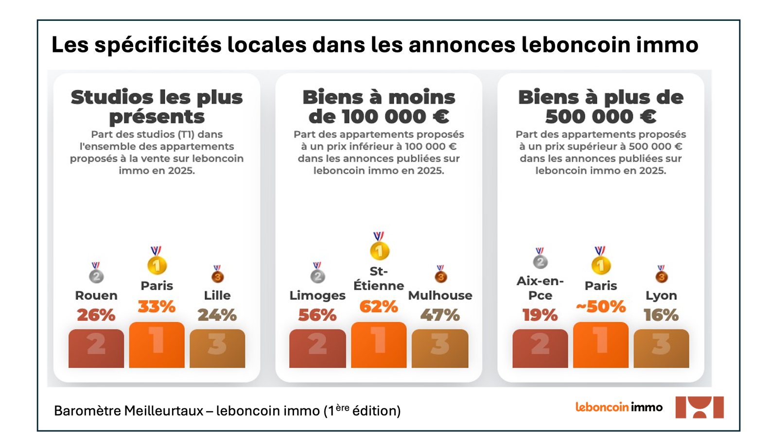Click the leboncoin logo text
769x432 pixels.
pyautogui.click(x=602, y=407)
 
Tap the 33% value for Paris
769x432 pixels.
pyautogui.click(x=157, y=307)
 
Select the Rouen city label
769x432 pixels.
pyautogui.click(x=96, y=295)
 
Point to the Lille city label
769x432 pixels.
pyautogui.click(x=217, y=295)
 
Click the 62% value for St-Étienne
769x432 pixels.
pyautogui.click(x=379, y=307)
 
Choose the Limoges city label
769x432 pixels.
pyautogui.click(x=317, y=295)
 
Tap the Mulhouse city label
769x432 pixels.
pyautogui.click(x=440, y=295)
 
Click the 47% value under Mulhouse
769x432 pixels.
pyautogui.click(x=440, y=315)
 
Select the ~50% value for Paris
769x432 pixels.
pyautogui.click(x=601, y=307)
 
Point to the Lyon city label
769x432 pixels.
pyautogui.click(x=661, y=295)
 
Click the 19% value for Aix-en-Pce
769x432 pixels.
pyautogui.click(x=540, y=315)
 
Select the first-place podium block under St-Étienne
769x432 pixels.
pyautogui.click(x=379, y=345)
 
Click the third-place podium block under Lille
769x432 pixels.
pyautogui.click(x=217, y=348)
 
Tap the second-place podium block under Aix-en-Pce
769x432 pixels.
pyautogui.click(x=540, y=348)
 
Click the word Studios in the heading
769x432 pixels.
pyautogui.click(x=112, y=97)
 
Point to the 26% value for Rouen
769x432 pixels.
pyautogui.click(x=96, y=315)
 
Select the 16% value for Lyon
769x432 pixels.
pyautogui.click(x=661, y=315)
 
